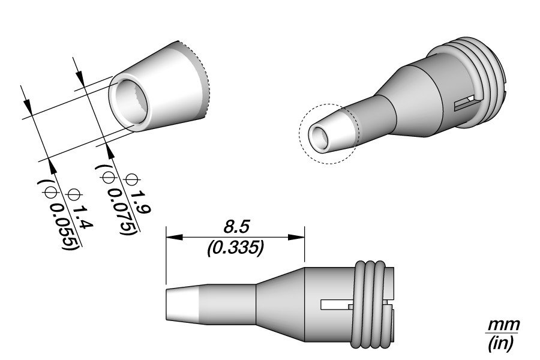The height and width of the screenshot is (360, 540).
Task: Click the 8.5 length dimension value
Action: pos(236,227)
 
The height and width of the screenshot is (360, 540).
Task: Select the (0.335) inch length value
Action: pos(236,248)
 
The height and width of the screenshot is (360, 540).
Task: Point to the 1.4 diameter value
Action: pos(83,217)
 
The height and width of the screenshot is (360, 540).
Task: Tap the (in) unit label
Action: pos(502,343)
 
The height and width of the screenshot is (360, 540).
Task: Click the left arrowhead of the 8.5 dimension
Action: pos(174,237)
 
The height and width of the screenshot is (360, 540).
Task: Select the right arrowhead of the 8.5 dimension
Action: pos(296,237)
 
